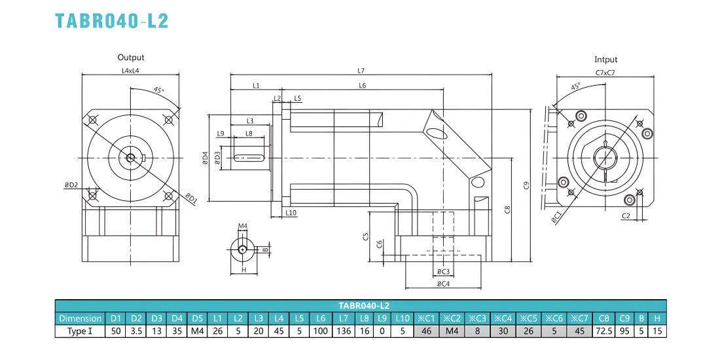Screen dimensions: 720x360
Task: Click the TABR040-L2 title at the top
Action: (112, 21)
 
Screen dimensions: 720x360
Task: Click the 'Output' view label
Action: (131, 58)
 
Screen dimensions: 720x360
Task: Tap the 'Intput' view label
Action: (605, 60)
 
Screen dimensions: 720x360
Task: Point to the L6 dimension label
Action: (363, 85)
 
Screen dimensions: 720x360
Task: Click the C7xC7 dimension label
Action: (605, 73)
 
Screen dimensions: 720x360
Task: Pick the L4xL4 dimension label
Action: (130, 71)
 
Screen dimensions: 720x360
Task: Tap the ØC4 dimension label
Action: (442, 284)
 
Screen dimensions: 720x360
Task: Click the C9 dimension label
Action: (526, 186)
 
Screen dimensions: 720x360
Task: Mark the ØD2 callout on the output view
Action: (71, 185)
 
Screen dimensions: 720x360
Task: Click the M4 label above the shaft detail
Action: (243, 226)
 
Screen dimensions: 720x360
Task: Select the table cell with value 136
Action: (343, 331)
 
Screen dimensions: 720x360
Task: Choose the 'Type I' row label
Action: (80, 331)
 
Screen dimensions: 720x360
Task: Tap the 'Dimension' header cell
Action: (80, 318)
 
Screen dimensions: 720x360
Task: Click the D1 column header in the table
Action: (116, 318)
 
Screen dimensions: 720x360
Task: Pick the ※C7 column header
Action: (579, 318)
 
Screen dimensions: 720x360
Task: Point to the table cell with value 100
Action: (321, 331)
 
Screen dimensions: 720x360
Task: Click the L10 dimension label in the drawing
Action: (291, 213)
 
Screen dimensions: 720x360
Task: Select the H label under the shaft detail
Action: (244, 270)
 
